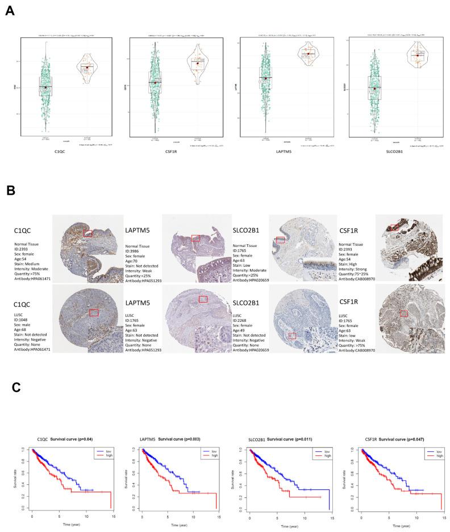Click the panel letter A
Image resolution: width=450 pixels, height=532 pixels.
[x=10, y=11]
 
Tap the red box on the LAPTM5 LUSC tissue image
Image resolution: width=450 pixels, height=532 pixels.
[x=203, y=299]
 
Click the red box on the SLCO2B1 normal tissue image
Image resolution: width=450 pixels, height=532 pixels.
[x=280, y=240]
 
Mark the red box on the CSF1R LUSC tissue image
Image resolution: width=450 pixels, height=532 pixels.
[x=404, y=313]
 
